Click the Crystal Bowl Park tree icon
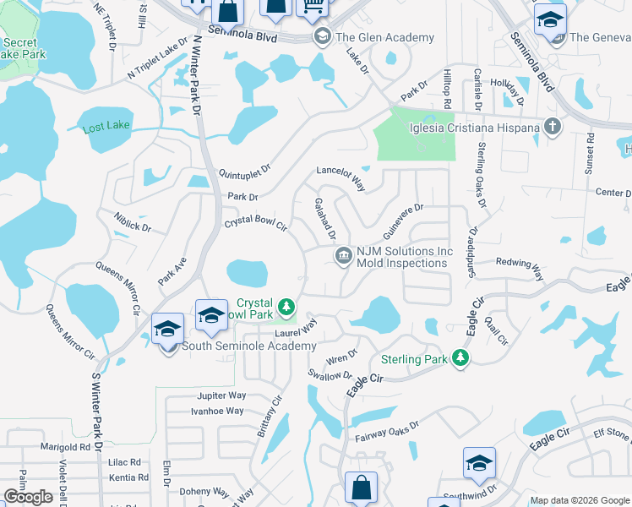pos(287,304)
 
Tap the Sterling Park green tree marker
pos(460,359)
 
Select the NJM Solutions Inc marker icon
pos(344,257)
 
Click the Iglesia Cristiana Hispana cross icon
pos(553,128)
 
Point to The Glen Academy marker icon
pos(322,37)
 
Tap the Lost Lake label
pos(106,127)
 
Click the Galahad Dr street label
pos(325,219)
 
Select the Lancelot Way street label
pos(341,178)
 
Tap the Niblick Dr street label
pos(132,221)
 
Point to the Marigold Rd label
pos(65,446)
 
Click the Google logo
pos(28,497)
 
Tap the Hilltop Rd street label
pos(447,88)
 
